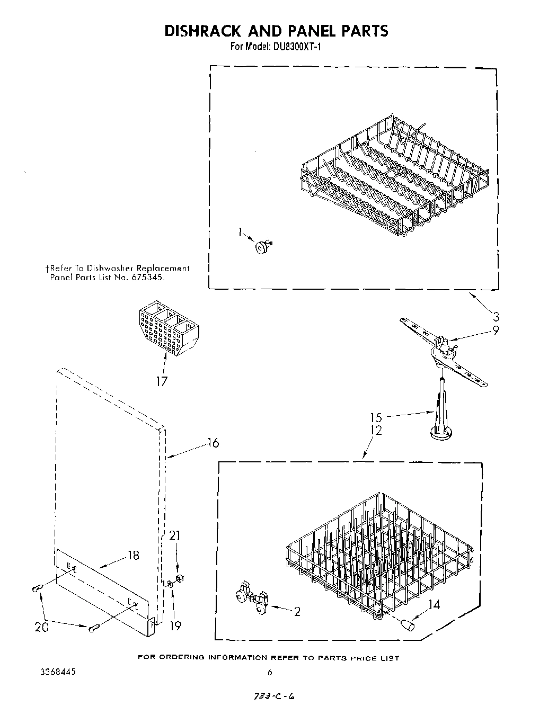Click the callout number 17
pos(161,381)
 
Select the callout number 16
pos(213,443)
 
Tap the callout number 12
pos(376,431)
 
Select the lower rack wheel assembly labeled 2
pos(252,598)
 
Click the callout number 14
pos(434,604)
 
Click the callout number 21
pos(174,536)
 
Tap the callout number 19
pos(175,625)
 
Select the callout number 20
pos(41,627)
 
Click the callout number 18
pos(133,555)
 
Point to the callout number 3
pos(495,317)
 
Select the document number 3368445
pos(58,672)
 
